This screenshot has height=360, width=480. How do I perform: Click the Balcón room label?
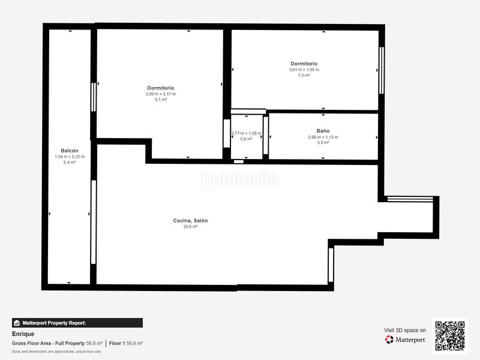[70, 151]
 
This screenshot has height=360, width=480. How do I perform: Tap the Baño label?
[323, 131]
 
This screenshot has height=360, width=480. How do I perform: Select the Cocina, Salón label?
[190, 220]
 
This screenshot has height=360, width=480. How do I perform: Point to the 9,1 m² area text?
[161, 100]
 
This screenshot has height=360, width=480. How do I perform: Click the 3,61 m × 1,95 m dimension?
[304, 70]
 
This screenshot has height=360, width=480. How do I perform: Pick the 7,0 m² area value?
[304, 76]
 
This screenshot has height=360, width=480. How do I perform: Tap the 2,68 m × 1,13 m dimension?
[323, 137]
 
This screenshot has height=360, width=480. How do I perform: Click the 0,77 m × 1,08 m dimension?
[247, 133]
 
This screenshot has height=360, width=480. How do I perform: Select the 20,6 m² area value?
[190, 227]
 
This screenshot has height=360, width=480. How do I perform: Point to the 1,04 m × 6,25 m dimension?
[70, 157]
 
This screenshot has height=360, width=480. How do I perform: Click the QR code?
[450, 336]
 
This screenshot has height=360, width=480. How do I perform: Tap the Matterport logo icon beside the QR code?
[389, 340]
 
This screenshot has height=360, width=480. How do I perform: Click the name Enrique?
[23, 334]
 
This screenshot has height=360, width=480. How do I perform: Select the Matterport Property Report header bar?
[77, 323]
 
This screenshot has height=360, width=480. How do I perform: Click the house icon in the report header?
[17, 323]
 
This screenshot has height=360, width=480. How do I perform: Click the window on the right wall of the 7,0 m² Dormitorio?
[382, 70]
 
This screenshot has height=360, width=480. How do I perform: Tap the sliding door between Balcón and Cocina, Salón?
[94, 222]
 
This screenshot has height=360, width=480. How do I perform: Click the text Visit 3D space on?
[404, 331]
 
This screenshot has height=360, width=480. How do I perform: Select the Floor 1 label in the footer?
[117, 343]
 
